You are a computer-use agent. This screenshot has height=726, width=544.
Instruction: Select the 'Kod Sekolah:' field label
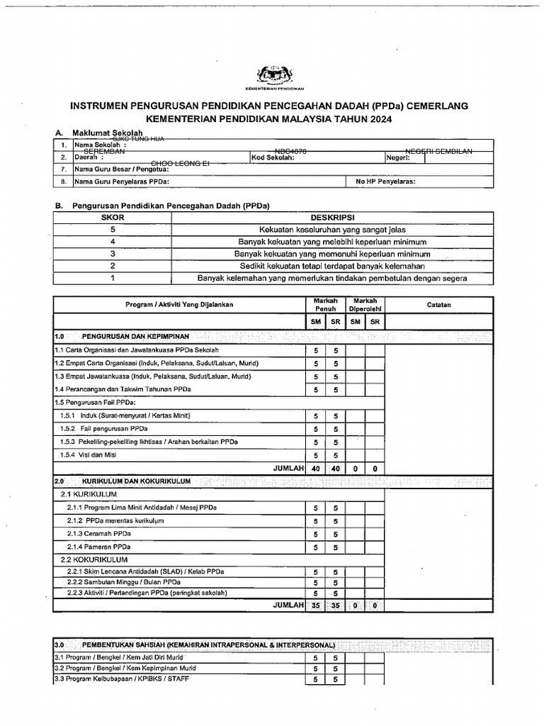tap(273, 157)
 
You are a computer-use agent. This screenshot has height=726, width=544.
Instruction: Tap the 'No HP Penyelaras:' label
tap(386, 181)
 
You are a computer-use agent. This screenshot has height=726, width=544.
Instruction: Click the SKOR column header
tap(112, 218)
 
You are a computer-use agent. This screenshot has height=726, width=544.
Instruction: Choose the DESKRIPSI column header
tap(332, 218)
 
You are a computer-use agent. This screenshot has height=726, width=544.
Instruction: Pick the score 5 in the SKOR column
tap(112, 230)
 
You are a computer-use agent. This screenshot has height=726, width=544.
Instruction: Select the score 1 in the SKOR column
tap(112, 278)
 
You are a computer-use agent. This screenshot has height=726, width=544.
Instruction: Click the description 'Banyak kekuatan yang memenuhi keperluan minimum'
tap(332, 254)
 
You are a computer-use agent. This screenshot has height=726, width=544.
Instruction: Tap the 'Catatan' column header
tap(438, 305)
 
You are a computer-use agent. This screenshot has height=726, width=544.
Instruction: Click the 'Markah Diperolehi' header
tap(365, 305)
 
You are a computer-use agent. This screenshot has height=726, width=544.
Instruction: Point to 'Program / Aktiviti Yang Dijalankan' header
tap(179, 305)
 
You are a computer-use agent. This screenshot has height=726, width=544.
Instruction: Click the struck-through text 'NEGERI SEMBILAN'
tap(438, 152)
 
